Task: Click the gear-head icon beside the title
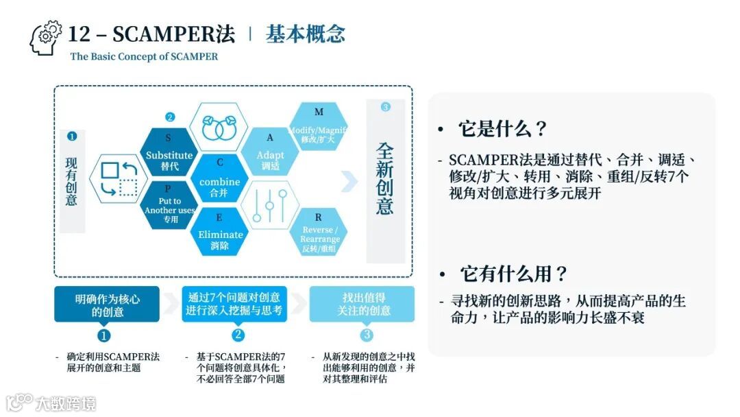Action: point(46,38)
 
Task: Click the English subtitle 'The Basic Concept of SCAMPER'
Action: point(144,56)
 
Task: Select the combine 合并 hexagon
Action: point(219,180)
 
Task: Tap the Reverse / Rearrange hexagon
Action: point(319,233)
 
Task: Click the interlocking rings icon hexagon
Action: point(220,128)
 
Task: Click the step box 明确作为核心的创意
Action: point(107,304)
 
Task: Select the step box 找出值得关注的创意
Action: point(362,304)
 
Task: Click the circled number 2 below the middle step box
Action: point(238,335)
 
